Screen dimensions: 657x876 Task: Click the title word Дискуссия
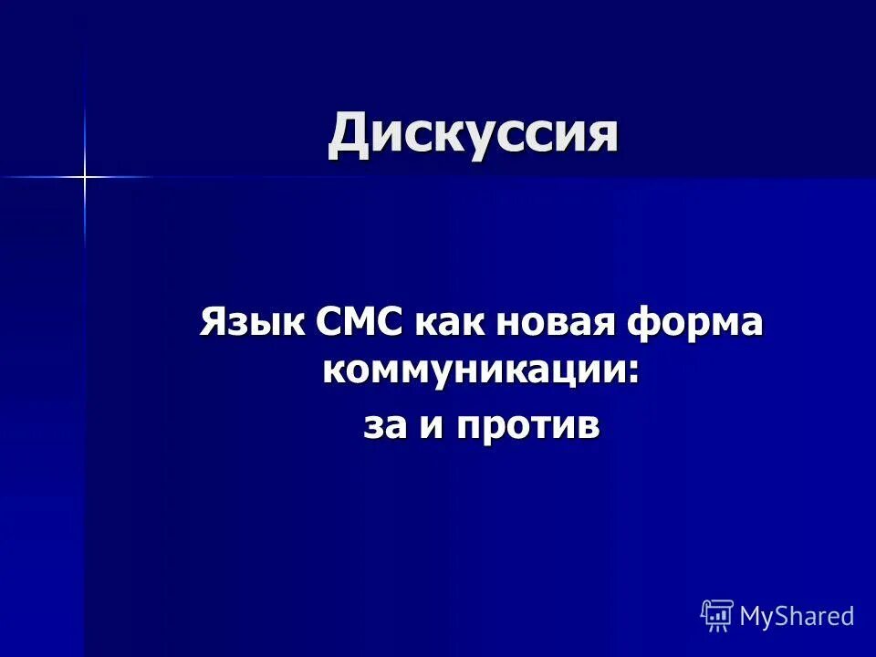473,134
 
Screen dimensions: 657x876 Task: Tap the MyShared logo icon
717,615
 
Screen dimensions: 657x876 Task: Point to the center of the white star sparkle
84,176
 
